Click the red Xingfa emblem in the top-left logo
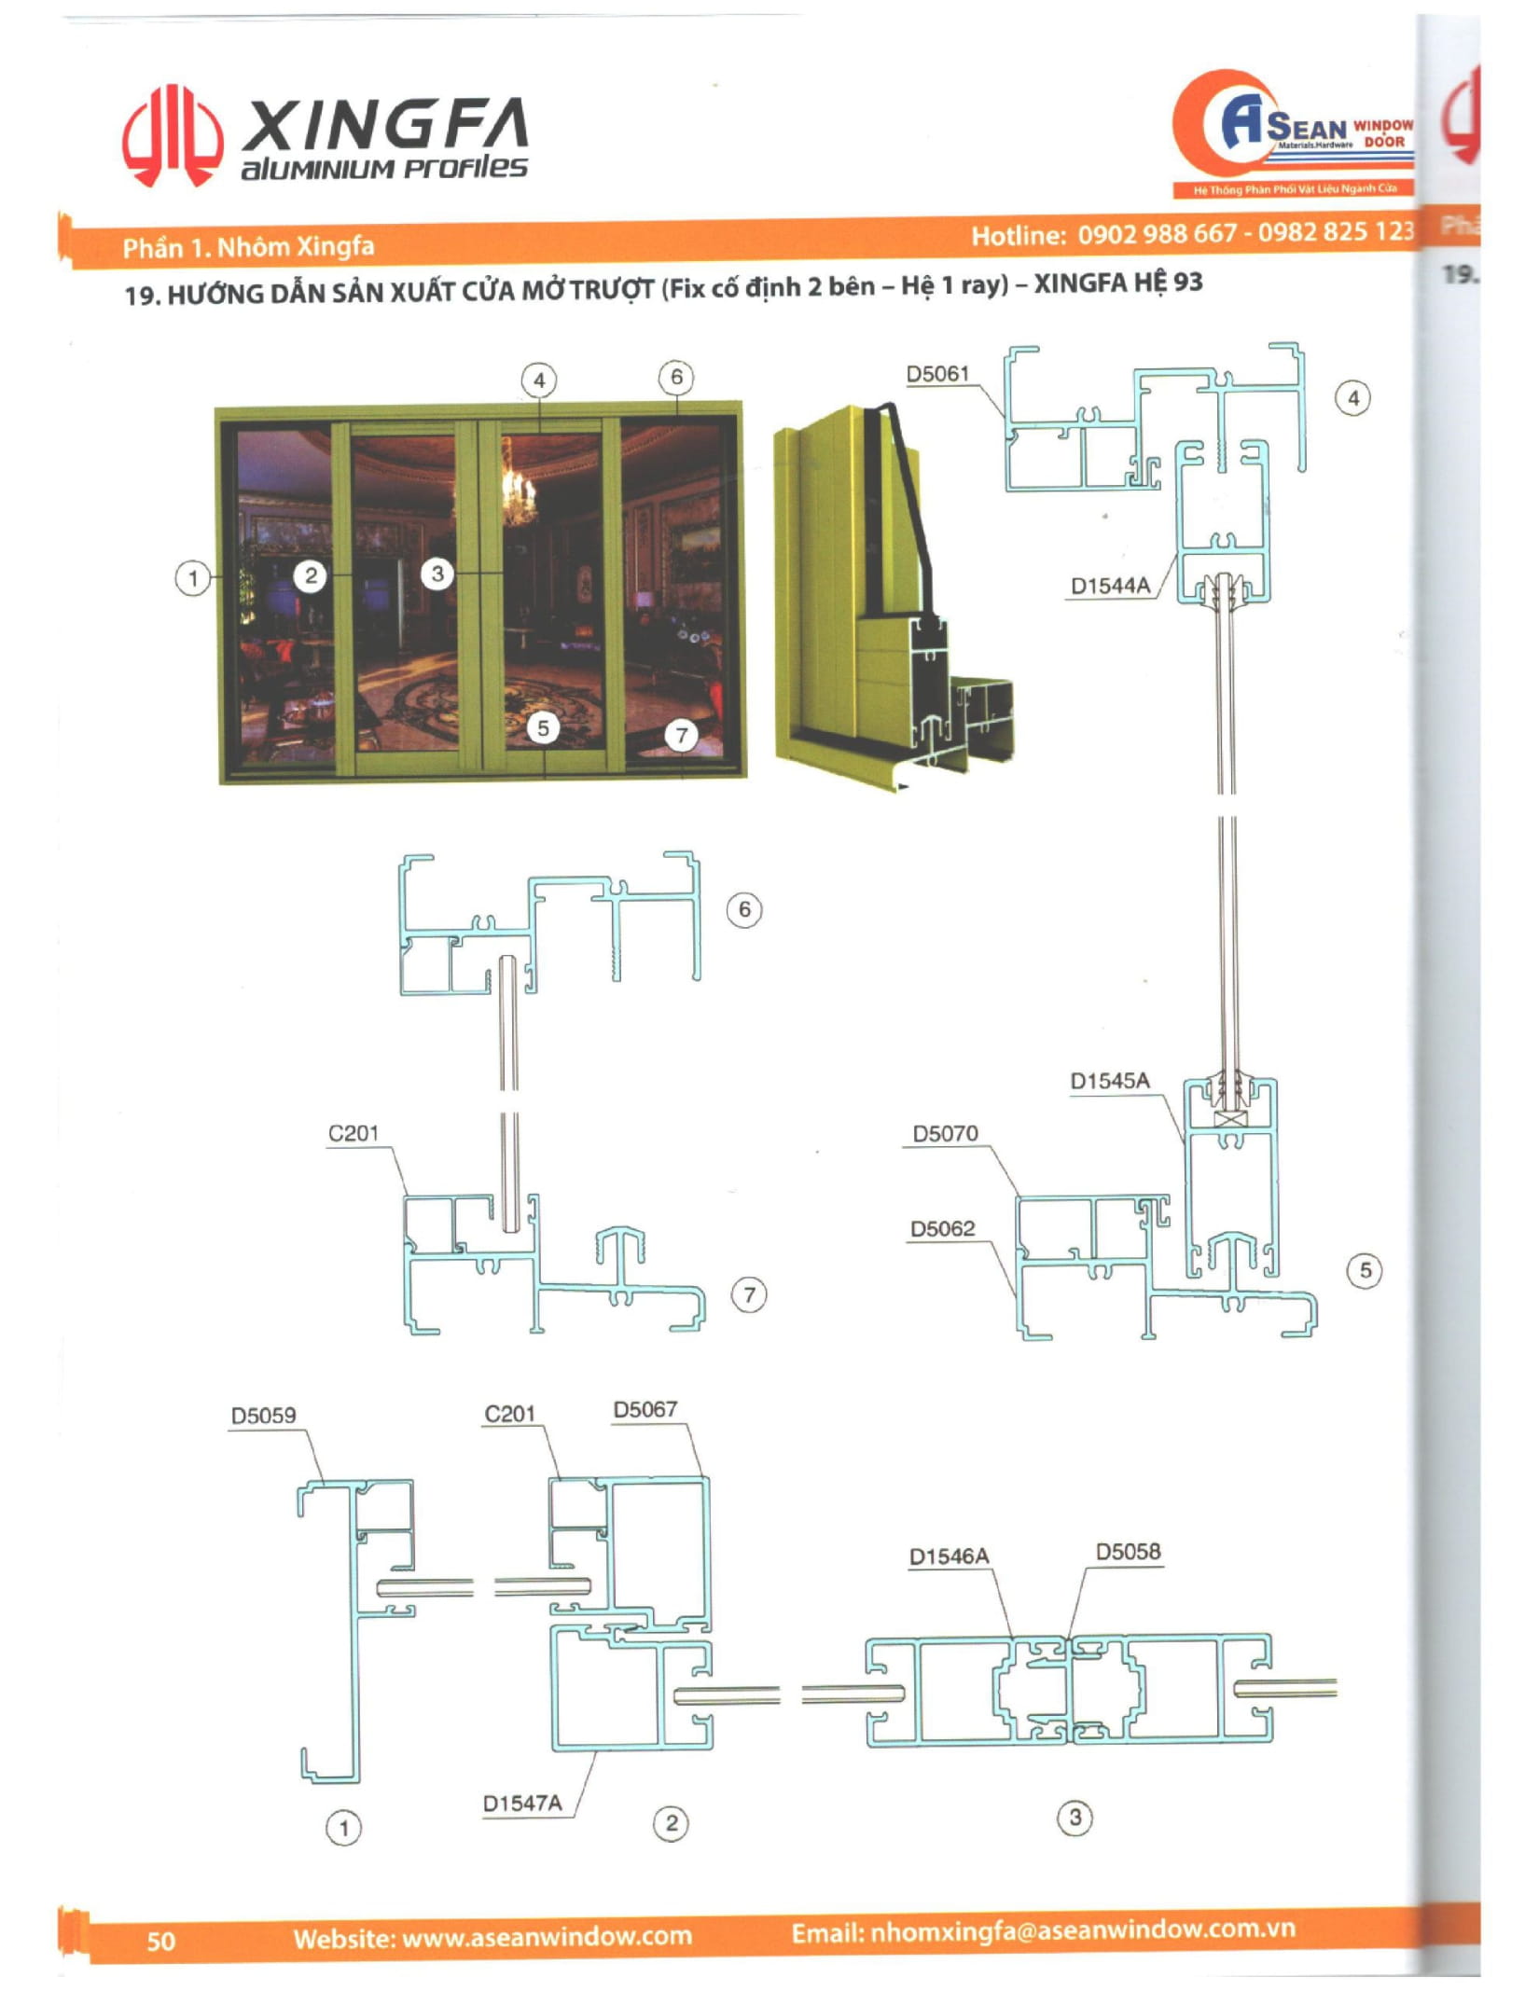click(172, 136)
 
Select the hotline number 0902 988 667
click(1158, 233)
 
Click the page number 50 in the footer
click(160, 1941)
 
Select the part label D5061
click(937, 374)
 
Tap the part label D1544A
click(1109, 586)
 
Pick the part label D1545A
click(1109, 1081)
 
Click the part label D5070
click(945, 1133)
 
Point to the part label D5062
click(942, 1228)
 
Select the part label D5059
click(263, 1415)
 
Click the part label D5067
click(645, 1409)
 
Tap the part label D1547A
click(521, 1804)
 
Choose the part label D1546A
click(949, 1556)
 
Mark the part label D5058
click(1128, 1552)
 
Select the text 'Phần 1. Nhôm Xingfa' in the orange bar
click(248, 247)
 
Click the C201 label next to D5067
click(509, 1414)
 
